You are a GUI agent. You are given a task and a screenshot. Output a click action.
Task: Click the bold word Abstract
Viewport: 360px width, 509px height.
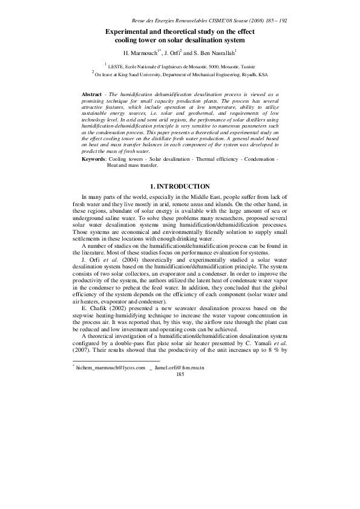point(92,95)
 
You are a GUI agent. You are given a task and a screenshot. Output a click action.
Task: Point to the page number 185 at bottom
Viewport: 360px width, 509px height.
point(180,375)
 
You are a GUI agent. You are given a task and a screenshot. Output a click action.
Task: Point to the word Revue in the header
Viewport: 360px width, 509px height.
point(146,20)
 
